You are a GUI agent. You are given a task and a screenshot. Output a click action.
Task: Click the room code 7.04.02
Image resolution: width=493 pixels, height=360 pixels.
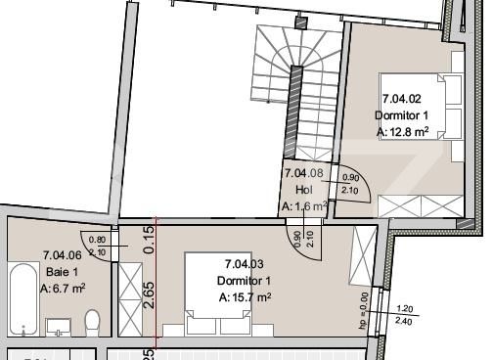[401, 99]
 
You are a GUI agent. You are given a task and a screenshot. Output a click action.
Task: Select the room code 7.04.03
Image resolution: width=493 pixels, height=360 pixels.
[244, 264]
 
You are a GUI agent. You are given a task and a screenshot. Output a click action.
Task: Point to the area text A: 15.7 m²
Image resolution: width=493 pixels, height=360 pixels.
[245, 297]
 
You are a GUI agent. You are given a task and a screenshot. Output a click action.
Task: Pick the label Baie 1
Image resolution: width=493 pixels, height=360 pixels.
[61, 272]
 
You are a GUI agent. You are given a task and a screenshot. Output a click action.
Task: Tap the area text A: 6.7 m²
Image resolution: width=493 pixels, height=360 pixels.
[64, 289]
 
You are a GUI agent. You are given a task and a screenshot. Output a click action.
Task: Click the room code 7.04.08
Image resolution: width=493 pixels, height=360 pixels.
[303, 173]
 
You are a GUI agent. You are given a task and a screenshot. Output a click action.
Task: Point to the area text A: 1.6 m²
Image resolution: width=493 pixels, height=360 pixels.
[304, 206]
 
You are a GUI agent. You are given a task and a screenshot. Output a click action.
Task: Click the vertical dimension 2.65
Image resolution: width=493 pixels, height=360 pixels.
[148, 293]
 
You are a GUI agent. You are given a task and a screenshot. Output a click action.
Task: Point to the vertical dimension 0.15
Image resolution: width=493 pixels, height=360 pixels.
[148, 236]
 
